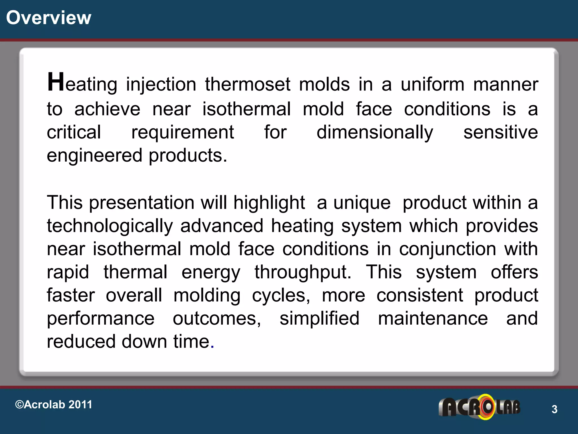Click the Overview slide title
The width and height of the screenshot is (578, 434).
pos(49,18)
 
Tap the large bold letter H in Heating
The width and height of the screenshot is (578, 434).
pos(56,82)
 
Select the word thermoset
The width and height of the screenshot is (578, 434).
pos(248,84)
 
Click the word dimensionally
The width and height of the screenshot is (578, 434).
pos(375,133)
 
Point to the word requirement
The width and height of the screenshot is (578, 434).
pos(183,133)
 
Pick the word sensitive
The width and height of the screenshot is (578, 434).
pos(500,133)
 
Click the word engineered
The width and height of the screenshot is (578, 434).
pos(95,156)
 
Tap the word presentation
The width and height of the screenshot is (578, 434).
pos(142,203)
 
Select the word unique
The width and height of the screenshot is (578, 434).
pos(362,203)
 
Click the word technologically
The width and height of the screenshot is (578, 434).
pos(110,226)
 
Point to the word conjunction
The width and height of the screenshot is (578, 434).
pos(447,249)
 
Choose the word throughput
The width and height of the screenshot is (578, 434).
pos(303,273)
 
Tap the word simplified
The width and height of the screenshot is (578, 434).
pos(319,319)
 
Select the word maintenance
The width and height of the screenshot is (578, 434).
pos(433,319)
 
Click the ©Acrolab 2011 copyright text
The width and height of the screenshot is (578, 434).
pos(54,405)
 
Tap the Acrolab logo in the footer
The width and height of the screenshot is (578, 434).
pos(479,407)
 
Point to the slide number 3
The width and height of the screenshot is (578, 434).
pos(554,409)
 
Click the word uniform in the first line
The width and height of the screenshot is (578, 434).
pos(432,84)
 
